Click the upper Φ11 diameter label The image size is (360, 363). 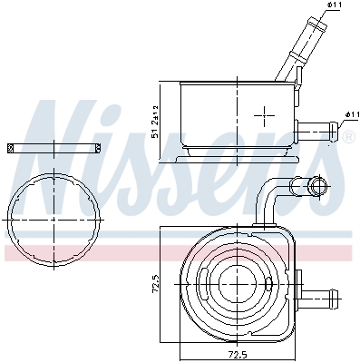[x=335, y=5]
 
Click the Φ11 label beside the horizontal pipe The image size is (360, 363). [x=352, y=114]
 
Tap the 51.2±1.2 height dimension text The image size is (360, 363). [x=155, y=122]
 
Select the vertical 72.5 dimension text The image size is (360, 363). [x=156, y=282]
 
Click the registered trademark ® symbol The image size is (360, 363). [x=348, y=136]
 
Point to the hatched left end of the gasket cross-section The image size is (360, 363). [x=10, y=148]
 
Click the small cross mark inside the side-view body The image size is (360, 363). [x=264, y=115]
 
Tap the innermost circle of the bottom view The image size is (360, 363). [x=238, y=285]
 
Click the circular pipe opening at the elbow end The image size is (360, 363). [x=317, y=184]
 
